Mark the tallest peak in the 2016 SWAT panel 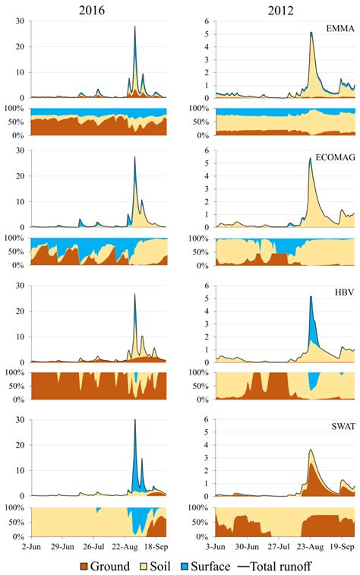(135, 420)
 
